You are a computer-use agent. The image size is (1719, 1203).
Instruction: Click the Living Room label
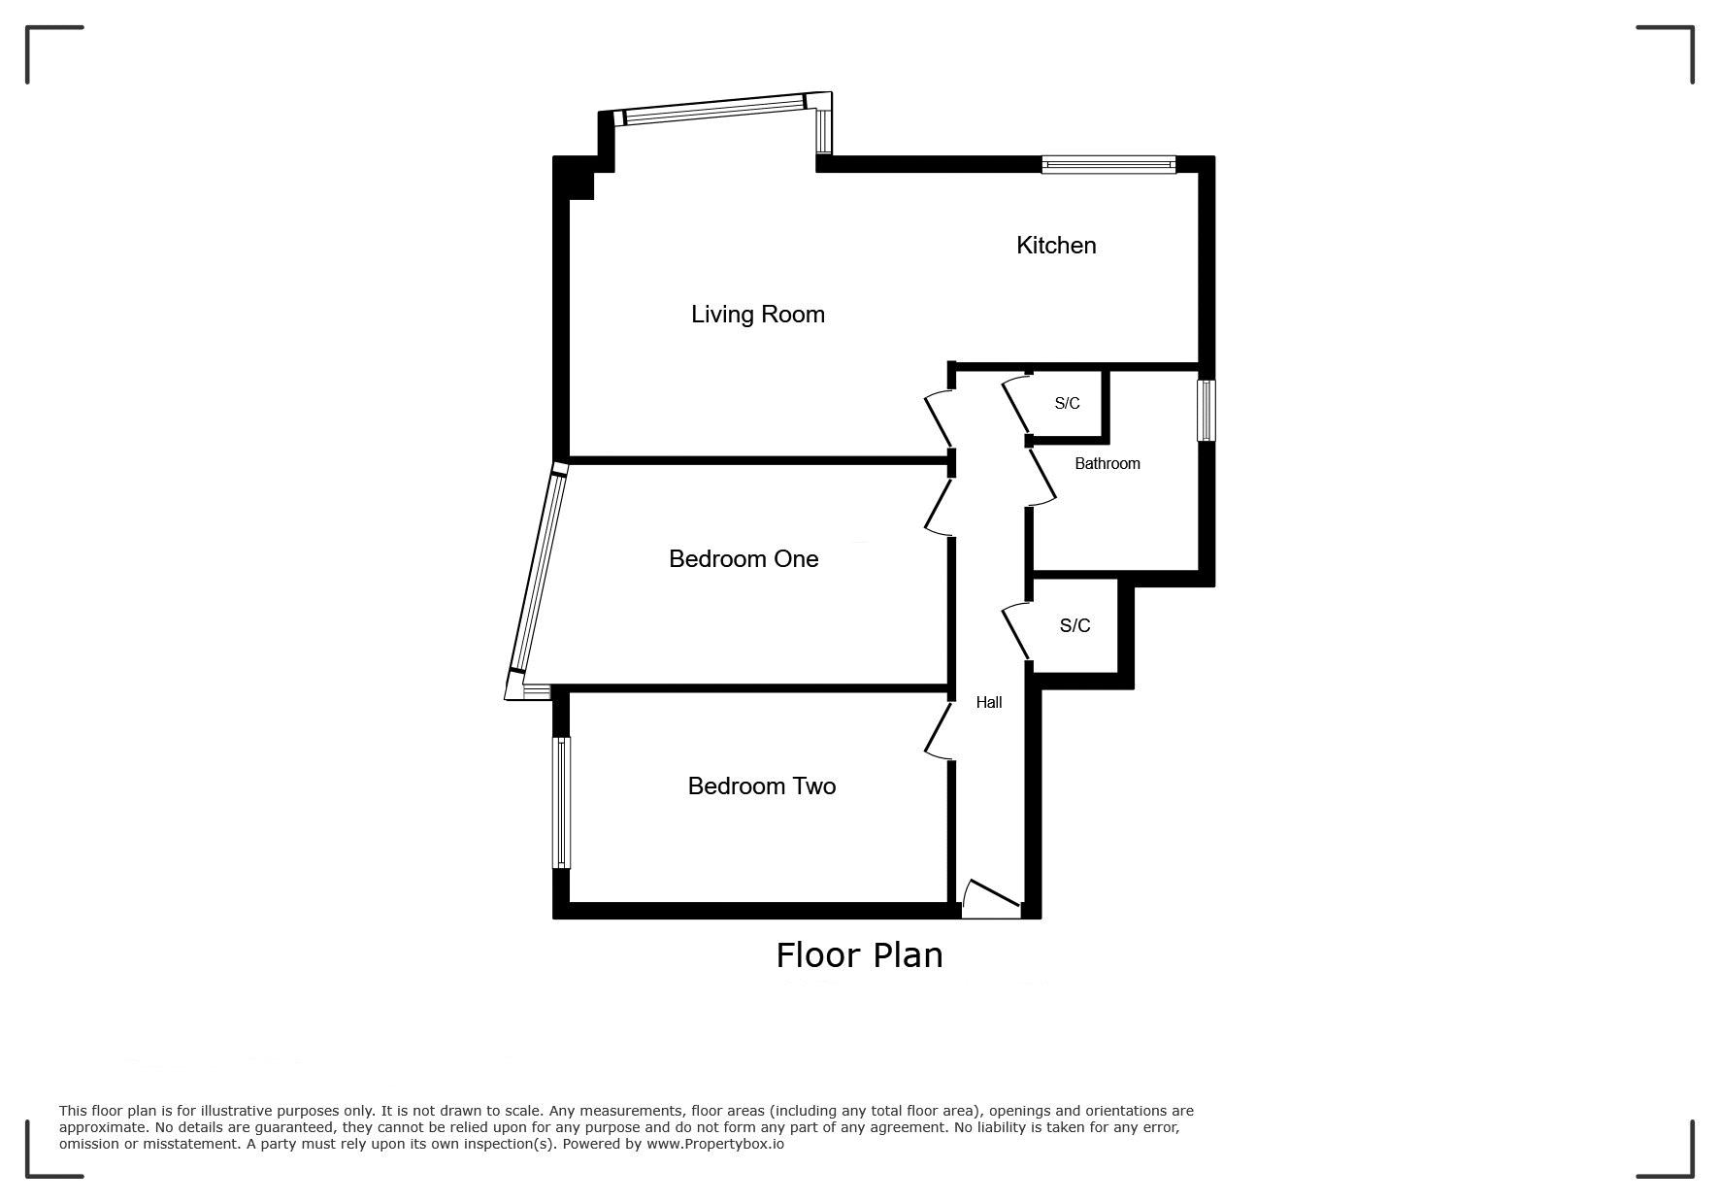click(x=758, y=315)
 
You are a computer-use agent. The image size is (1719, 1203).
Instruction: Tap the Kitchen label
click(x=1056, y=246)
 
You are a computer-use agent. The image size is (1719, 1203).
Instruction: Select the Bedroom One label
click(x=744, y=559)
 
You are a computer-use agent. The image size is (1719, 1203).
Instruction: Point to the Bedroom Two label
click(x=762, y=786)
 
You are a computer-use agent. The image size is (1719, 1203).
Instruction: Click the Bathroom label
click(x=1107, y=464)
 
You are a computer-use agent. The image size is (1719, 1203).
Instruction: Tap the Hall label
click(x=989, y=702)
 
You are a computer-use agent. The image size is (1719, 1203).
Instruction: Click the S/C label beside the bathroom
click(x=1067, y=403)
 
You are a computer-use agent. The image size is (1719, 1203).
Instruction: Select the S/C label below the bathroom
click(x=1074, y=626)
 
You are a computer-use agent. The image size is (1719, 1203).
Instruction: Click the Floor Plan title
click(x=859, y=955)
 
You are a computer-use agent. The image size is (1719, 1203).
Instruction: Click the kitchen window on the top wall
click(x=1108, y=165)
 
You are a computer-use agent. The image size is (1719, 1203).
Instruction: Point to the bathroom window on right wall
click(x=1207, y=410)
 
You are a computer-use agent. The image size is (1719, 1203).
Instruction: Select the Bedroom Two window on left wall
click(x=561, y=803)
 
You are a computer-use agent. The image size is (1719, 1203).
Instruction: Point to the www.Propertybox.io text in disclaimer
click(x=715, y=1144)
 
